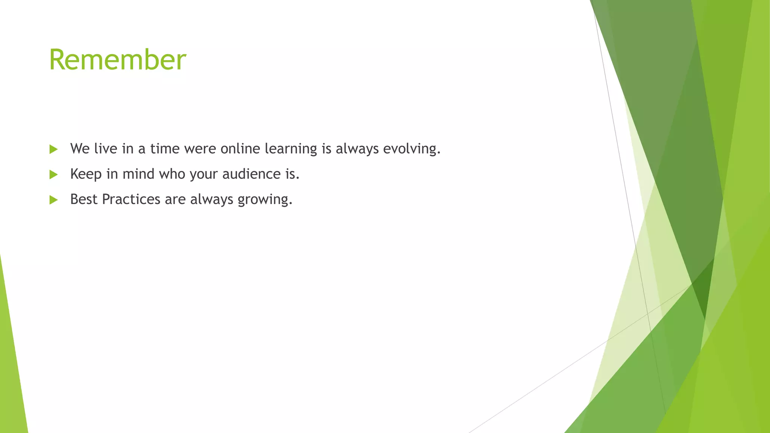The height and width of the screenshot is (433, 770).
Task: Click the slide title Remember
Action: tap(117, 60)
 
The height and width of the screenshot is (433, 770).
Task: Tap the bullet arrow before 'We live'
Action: tap(53, 149)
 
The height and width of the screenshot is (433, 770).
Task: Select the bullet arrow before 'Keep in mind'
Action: tap(53, 174)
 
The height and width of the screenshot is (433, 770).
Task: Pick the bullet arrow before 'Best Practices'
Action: tap(53, 200)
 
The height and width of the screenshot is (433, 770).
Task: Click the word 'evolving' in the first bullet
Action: tap(411, 149)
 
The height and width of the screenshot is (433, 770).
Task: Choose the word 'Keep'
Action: tap(86, 174)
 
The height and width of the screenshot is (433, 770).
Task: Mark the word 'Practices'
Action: tap(131, 199)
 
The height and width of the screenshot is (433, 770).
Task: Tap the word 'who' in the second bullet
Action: tap(172, 174)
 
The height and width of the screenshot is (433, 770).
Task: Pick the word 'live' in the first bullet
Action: tap(106, 148)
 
